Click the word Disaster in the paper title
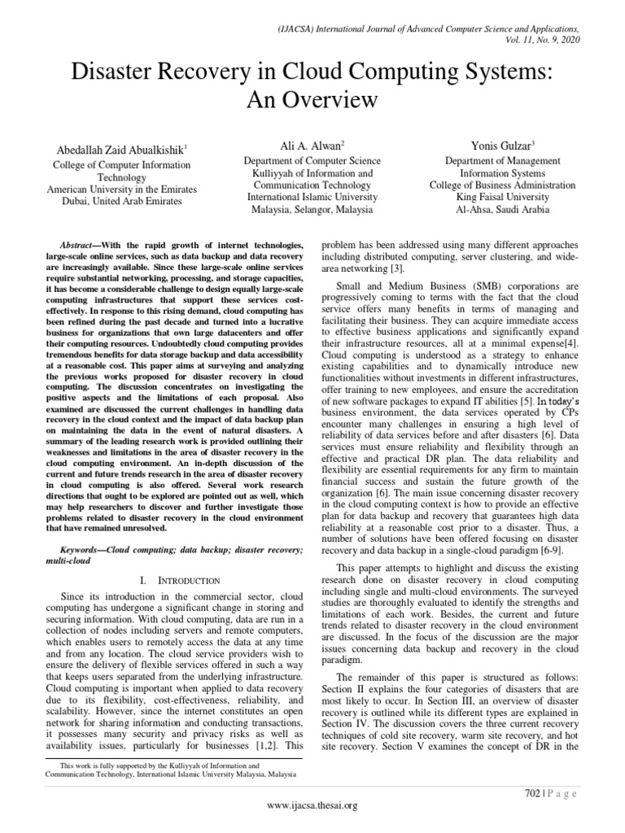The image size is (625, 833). [116, 72]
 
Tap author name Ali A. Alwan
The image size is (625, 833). [308, 144]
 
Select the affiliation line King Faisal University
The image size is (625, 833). [502, 197]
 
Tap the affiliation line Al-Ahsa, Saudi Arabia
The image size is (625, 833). [502, 209]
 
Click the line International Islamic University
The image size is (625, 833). [308, 197]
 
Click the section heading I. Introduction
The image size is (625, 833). [180, 580]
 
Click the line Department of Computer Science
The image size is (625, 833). [308, 161]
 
